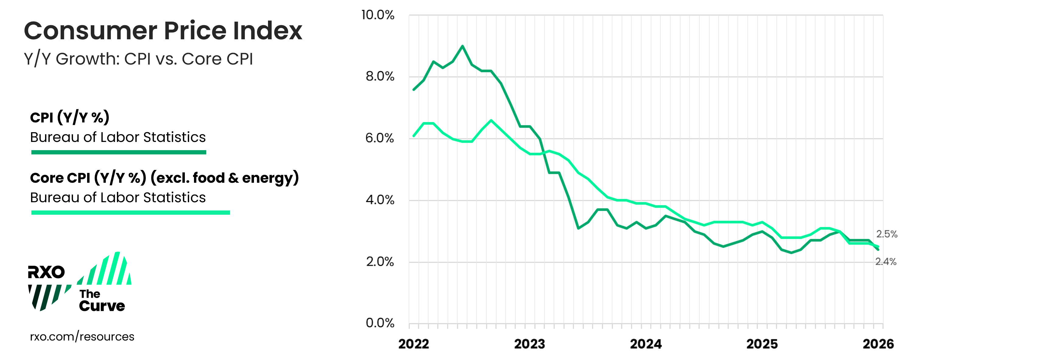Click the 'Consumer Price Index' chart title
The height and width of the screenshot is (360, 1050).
(163, 31)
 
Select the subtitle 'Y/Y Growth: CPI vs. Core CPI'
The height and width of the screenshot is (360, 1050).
(138, 59)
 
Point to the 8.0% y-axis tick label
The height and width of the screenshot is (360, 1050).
(379, 76)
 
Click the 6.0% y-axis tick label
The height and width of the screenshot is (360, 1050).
(379, 138)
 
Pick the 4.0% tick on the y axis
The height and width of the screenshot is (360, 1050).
(379, 200)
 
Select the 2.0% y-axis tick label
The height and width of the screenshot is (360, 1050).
(379, 261)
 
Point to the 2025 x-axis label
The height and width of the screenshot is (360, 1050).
(762, 344)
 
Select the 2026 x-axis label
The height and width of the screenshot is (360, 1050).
(878, 344)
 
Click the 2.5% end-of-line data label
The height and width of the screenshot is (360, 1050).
(886, 234)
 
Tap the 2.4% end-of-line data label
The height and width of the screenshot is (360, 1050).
(886, 262)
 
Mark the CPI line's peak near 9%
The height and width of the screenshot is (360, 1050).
(462, 46)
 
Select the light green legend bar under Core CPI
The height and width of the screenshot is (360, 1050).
(130, 212)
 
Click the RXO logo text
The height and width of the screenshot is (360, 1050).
(46, 272)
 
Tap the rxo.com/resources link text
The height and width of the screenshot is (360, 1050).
(82, 337)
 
